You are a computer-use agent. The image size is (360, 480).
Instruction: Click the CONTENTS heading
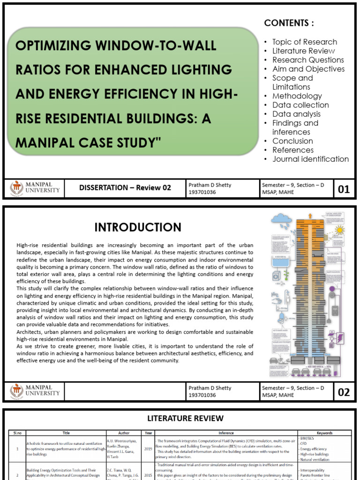pyautogui.click(x=289, y=23)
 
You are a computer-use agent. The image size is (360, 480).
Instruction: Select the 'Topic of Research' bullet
pyautogui.click(x=304, y=42)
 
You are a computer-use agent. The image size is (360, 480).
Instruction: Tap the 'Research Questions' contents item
pyautogui.click(x=308, y=60)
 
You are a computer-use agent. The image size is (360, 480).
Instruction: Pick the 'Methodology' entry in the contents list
pyautogui.click(x=297, y=96)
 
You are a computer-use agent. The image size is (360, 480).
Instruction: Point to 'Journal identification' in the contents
pyautogui.click(x=310, y=159)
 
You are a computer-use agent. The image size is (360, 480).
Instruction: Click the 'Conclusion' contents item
pyautogui.click(x=292, y=141)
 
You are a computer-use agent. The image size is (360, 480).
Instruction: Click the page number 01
pyautogui.click(x=344, y=189)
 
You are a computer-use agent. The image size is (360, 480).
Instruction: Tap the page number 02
pyautogui.click(x=344, y=392)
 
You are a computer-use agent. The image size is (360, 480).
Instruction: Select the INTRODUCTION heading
pyautogui.click(x=138, y=228)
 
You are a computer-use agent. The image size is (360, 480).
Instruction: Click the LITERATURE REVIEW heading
pyautogui.click(x=186, y=418)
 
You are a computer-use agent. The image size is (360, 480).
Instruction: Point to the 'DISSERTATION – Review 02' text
pyautogui.click(x=125, y=188)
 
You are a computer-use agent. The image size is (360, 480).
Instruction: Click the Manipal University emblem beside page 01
pyautogui.click(x=17, y=188)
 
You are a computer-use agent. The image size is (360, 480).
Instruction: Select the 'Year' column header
pyautogui.click(x=148, y=433)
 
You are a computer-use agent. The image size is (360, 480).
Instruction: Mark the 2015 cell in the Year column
pyautogui.click(x=148, y=475)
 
